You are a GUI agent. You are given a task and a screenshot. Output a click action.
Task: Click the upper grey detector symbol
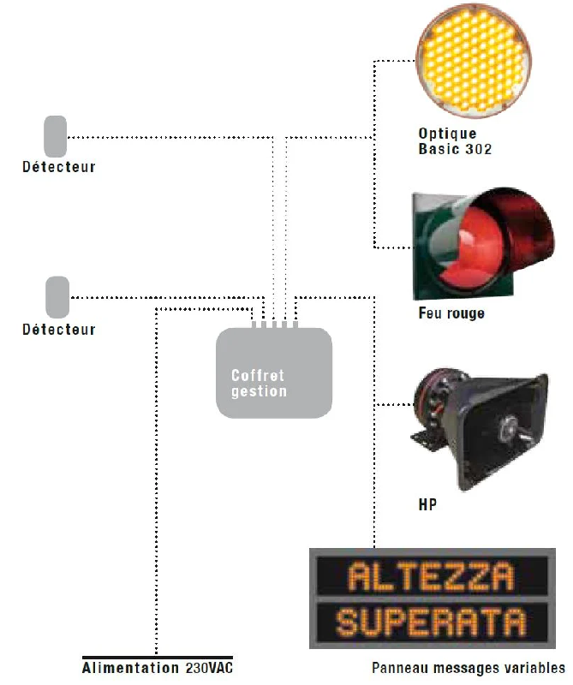55,136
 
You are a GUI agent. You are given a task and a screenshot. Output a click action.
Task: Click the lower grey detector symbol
57,297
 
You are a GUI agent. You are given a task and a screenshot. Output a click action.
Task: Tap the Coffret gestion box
274,372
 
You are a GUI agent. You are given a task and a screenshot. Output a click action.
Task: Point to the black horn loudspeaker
480,431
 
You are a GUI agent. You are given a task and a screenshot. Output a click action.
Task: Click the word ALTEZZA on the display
431,576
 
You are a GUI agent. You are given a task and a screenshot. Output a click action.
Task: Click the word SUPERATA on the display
431,622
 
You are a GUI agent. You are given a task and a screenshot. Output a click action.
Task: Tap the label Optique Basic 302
455,141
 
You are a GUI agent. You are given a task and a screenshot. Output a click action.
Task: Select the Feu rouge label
451,313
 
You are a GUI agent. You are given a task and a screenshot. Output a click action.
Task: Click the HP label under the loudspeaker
427,504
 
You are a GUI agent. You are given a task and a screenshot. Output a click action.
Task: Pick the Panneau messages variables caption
469,668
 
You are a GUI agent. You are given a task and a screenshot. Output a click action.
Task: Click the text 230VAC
209,668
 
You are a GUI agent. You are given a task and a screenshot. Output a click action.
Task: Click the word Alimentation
130,668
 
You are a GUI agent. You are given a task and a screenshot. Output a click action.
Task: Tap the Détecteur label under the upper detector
59,167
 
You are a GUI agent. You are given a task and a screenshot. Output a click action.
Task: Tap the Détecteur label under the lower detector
59,330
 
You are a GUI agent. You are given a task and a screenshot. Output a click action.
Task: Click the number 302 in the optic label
479,149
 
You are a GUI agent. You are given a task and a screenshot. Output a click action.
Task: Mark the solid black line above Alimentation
158,657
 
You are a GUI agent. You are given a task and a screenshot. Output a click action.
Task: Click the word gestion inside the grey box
260,391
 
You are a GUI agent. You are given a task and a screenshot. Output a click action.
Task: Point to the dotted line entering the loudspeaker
394,404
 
